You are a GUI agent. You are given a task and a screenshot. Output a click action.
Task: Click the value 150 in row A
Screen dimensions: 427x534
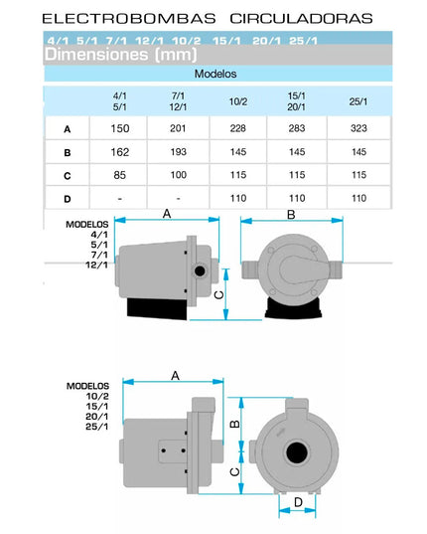[120, 128]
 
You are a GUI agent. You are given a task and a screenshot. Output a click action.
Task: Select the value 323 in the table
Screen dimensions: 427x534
[358, 128]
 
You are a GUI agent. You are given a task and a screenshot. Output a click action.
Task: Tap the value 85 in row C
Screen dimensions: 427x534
[120, 175]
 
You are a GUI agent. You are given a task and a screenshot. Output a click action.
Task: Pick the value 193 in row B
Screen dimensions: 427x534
[178, 152]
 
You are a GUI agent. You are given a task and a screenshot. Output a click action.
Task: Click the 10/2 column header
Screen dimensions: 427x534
[238, 101]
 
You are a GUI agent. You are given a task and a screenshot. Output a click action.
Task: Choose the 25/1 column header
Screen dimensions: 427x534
[358, 101]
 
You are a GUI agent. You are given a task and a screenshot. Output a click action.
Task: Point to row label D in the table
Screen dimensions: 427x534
[68, 199]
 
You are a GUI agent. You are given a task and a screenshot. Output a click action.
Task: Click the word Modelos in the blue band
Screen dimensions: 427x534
[215, 74]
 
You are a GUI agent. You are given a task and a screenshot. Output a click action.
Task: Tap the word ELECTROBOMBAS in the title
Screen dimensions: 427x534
[129, 18]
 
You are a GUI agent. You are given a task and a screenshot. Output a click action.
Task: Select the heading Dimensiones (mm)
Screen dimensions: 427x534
[121, 55]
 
